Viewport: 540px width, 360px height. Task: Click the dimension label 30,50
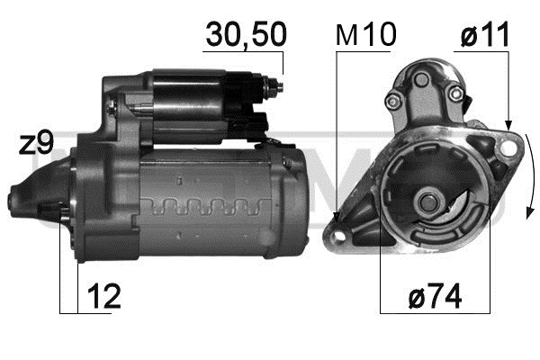(246, 35)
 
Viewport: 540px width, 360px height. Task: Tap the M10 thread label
(365, 35)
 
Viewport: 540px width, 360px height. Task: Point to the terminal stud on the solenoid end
(276, 87)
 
